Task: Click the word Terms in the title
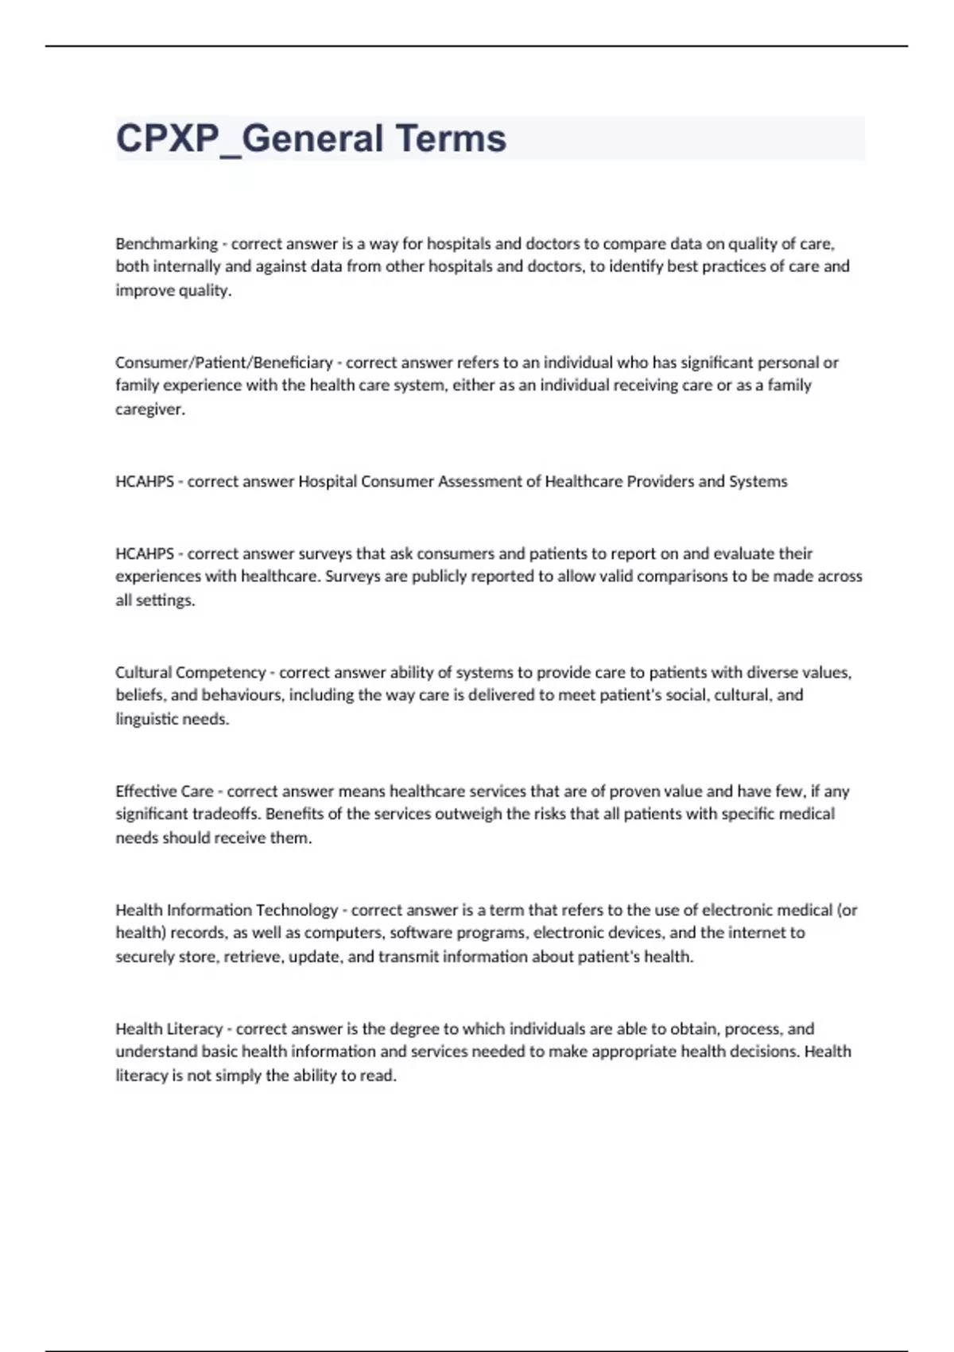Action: pos(450,138)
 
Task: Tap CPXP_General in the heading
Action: pos(250,138)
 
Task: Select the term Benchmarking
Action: pos(166,243)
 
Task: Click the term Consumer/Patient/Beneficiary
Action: pos(223,363)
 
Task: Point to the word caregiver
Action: pos(149,410)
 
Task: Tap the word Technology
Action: pos(297,910)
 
